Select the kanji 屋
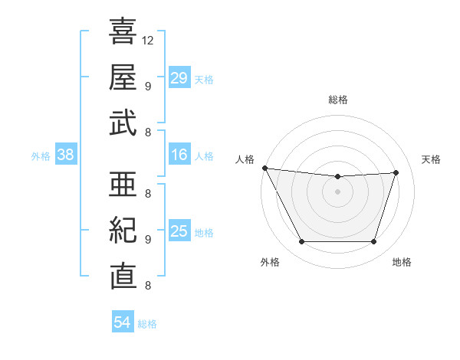pos(123,77)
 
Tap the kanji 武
pos(123,122)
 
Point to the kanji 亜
pos(123,184)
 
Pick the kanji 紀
pos(123,230)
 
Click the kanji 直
pos(123,276)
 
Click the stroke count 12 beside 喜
pos(149,40)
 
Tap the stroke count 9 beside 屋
pos(147,86)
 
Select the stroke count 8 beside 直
pos(147,286)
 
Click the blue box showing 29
pos(179,78)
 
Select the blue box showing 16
pos(179,155)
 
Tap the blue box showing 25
pos(179,232)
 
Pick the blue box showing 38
pos(65,155)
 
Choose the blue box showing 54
pos(122,322)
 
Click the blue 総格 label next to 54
pos(147,324)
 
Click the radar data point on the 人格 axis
pos(264,168)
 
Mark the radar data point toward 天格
pos(396,172)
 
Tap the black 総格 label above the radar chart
pos(338,100)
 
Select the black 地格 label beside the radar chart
pos(402,262)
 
